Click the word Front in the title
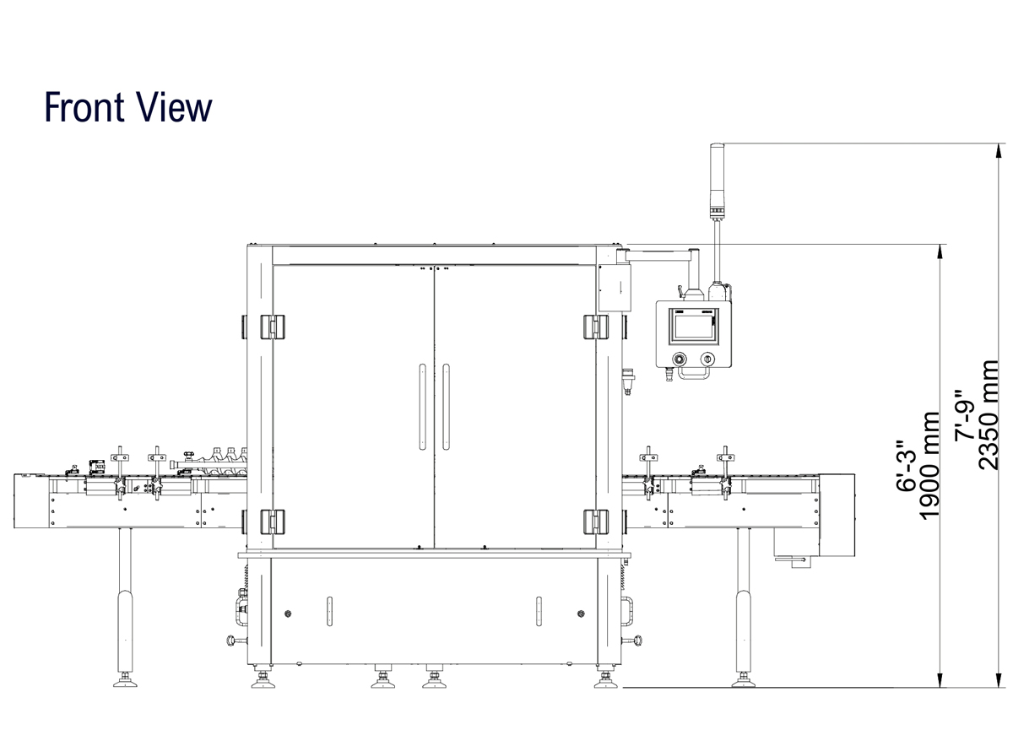tap(84, 107)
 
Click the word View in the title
tap(171, 107)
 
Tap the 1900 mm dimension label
tap(929, 466)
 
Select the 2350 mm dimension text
tap(989, 415)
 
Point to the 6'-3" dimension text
tap(906, 466)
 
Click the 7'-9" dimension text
tap(965, 415)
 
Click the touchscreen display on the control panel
tap(693, 327)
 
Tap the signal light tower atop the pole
tap(717, 181)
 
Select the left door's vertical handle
tap(422, 407)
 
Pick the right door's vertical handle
tap(446, 407)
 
